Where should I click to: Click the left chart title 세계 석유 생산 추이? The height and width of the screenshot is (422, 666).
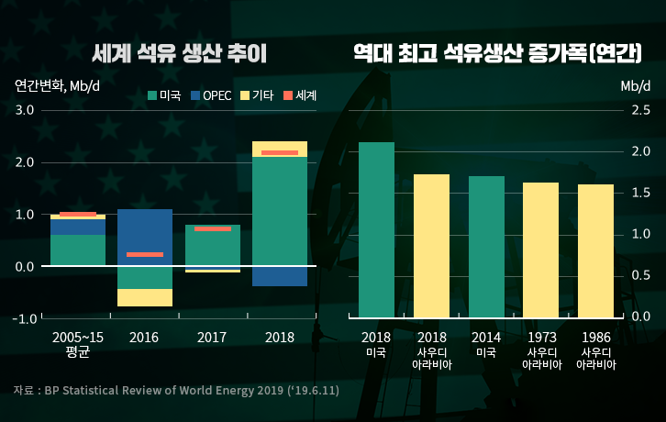pos(180,53)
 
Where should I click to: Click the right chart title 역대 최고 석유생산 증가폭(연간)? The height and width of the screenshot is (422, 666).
pos(497,53)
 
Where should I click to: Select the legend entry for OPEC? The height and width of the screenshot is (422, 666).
pos(211,95)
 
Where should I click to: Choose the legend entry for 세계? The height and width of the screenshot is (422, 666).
pos(300,95)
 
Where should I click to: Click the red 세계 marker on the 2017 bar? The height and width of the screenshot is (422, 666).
pos(212,228)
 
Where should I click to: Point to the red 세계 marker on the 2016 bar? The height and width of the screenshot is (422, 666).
pos(144,254)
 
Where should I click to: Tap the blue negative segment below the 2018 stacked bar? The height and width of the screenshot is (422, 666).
pos(280,276)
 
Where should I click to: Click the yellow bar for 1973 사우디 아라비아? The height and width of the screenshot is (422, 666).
pos(541,249)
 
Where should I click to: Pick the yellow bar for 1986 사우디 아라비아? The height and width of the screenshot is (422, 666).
pos(595,250)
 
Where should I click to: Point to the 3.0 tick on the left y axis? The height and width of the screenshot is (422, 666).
pos(24,110)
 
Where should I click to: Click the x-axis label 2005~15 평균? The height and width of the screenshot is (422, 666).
pos(78,344)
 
